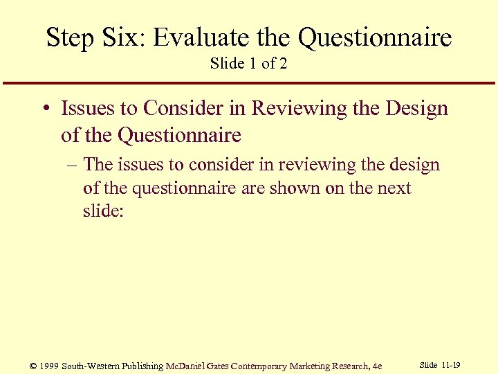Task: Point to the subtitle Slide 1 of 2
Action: [248, 64]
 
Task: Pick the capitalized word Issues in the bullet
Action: [85, 109]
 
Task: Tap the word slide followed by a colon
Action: [102, 211]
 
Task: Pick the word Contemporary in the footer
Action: [263, 366]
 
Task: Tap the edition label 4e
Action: [376, 366]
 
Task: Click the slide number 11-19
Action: [451, 365]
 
